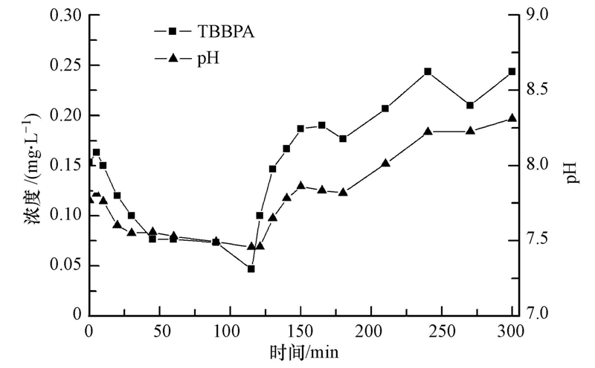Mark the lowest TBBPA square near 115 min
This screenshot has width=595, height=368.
(x=251, y=268)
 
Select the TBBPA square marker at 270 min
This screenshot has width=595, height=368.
(x=470, y=105)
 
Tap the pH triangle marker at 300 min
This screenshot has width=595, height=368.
(x=512, y=118)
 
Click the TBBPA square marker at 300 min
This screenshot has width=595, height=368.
(x=512, y=71)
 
